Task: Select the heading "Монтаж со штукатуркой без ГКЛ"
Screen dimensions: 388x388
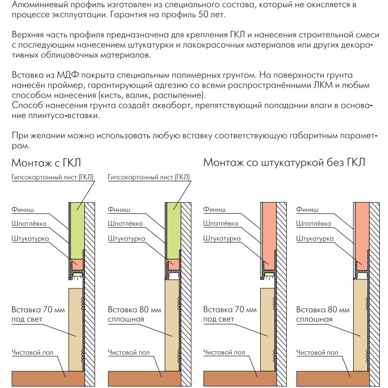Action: (284, 162)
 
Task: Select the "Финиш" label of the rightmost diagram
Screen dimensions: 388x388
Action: (307, 208)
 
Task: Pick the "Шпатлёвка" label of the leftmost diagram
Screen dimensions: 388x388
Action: (29, 223)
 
